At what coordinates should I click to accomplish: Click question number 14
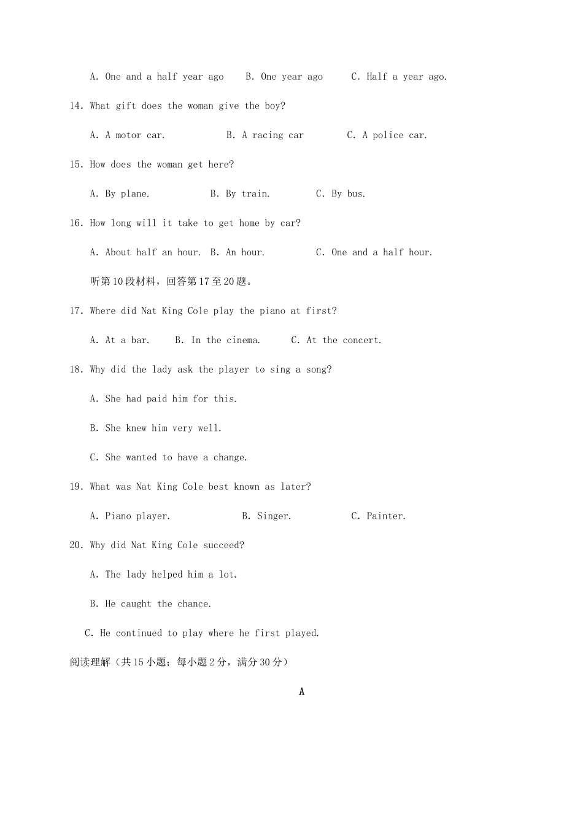(x=76, y=106)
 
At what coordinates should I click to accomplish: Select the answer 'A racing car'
(x=272, y=136)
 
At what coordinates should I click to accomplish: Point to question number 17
(x=76, y=311)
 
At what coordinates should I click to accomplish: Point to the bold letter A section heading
(x=301, y=692)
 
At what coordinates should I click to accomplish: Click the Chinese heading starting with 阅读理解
(x=179, y=662)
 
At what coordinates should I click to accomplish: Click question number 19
(x=76, y=487)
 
